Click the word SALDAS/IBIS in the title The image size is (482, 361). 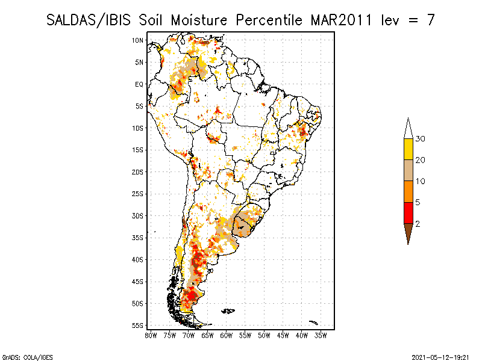(88, 20)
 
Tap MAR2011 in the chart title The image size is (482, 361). (341, 20)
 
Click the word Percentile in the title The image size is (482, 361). (269, 20)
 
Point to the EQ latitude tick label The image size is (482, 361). (139, 84)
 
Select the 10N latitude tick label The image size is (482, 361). (138, 40)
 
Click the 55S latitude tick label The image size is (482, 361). (138, 326)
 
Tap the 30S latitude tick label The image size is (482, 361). (138, 216)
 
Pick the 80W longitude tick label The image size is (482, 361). (151, 336)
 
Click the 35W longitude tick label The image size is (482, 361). (321, 336)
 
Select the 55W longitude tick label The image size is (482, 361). (245, 336)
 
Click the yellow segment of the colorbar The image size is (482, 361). (408, 149)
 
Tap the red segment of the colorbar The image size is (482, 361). (408, 213)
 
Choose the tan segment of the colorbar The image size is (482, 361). (408, 170)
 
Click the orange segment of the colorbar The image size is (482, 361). (408, 191)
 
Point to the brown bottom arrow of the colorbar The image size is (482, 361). (408, 232)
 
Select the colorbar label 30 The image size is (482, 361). (420, 139)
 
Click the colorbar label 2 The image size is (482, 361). (418, 224)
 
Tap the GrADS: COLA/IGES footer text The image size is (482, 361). (27, 357)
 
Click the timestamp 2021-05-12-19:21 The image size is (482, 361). (440, 357)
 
